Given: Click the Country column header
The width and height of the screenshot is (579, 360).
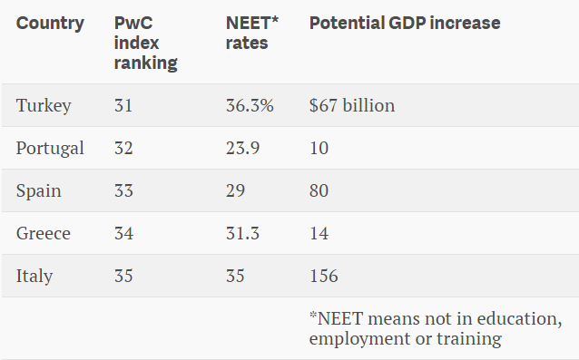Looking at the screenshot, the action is (x=50, y=24).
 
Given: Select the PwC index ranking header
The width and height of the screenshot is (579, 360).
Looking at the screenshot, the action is (x=146, y=43).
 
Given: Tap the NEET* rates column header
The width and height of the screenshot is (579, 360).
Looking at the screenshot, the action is (x=251, y=33).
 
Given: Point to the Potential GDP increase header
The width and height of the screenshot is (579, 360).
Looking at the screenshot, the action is (x=405, y=23).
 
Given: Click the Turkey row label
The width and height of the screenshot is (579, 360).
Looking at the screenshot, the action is (x=44, y=106).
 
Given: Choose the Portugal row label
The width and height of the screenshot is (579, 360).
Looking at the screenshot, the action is (x=50, y=149).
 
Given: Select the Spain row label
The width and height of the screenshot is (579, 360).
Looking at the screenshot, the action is (x=39, y=191).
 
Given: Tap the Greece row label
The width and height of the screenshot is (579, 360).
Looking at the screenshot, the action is (x=44, y=233).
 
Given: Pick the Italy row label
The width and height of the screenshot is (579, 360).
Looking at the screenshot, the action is (x=34, y=277).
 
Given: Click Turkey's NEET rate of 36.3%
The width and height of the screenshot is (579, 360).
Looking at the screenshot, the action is (x=250, y=105).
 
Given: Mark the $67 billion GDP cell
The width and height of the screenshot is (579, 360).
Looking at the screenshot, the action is (x=352, y=105).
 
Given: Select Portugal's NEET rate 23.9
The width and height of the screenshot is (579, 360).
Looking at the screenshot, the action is (x=242, y=149).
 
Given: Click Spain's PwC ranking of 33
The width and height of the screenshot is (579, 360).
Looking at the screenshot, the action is (x=123, y=190).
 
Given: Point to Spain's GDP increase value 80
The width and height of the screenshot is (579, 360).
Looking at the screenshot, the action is (x=319, y=190).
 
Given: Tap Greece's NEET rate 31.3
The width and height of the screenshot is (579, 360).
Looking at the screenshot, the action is (x=242, y=233).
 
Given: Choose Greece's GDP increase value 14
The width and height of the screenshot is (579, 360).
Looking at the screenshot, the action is (x=319, y=233).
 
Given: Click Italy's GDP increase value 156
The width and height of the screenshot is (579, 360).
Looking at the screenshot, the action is (x=323, y=276).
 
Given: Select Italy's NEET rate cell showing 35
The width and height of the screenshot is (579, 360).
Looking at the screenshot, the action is (x=235, y=276).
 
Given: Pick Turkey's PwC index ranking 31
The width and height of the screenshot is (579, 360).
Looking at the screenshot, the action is (x=123, y=105).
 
